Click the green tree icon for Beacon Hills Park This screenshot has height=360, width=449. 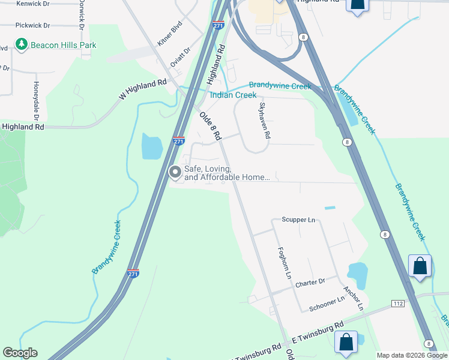click(x=22, y=44)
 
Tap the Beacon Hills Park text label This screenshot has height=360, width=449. click(x=64, y=45)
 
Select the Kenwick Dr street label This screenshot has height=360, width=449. click(x=33, y=4)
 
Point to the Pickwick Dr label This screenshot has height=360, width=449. click(x=33, y=26)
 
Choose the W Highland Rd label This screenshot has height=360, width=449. click(x=143, y=89)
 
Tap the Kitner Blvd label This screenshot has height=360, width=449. click(x=169, y=35)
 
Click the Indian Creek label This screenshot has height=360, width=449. click(x=233, y=95)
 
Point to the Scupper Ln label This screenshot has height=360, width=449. click(x=298, y=220)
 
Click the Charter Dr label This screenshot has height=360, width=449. click(x=310, y=282)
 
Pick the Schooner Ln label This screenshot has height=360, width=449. click(x=327, y=303)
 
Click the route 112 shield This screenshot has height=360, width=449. click(x=398, y=304)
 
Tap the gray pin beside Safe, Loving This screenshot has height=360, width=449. click(x=175, y=173)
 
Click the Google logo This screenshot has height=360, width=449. click(x=20, y=353)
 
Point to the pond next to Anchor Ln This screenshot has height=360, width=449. click(x=357, y=274)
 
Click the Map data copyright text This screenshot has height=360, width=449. click(x=412, y=355)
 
